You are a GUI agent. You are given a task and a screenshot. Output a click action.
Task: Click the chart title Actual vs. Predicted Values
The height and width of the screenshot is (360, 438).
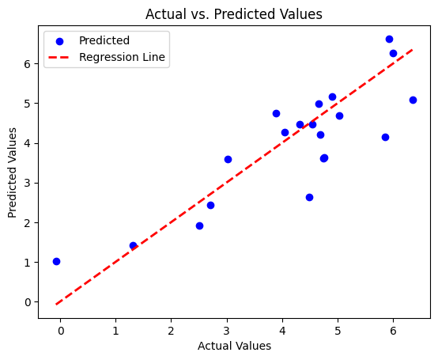(234, 14)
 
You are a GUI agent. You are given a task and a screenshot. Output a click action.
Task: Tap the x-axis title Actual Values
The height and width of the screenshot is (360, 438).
(234, 346)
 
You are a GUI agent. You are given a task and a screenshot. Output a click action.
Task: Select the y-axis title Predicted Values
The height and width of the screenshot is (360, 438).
(13, 173)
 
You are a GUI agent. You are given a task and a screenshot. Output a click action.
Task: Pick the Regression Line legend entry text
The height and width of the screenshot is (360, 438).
(123, 58)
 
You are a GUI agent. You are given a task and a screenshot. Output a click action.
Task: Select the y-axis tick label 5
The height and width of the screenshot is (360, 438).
(27, 104)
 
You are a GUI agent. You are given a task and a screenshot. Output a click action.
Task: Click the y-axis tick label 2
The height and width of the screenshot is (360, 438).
(27, 222)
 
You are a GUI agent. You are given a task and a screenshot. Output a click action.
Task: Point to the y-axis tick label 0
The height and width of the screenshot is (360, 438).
(27, 302)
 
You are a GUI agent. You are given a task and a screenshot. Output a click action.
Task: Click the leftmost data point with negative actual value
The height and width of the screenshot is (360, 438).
(56, 261)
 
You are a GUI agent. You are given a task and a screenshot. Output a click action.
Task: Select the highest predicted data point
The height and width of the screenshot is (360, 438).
(389, 39)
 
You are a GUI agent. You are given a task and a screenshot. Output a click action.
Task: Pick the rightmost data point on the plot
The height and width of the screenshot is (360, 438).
(413, 100)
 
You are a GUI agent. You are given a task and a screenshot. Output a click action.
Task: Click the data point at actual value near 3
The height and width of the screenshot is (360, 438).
(228, 159)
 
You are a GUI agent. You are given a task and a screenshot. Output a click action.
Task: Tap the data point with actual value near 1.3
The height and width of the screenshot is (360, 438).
(133, 245)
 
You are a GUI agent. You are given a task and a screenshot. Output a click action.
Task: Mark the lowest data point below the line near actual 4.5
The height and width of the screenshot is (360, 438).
(309, 197)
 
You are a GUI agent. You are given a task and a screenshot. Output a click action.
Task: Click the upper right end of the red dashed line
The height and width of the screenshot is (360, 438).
(413, 49)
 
